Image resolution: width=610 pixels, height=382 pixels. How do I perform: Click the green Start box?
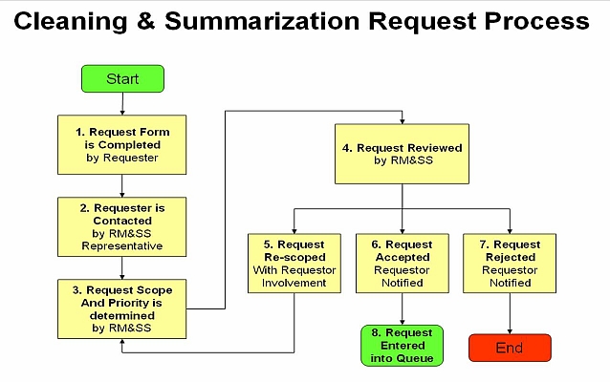click(122, 78)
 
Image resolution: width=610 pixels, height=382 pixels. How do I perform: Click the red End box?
click(509, 348)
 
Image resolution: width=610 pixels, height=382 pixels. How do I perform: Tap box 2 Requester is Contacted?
click(121, 224)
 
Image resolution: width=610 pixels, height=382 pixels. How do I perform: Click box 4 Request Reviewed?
click(402, 155)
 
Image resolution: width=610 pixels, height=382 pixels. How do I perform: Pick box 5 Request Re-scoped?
click(294, 262)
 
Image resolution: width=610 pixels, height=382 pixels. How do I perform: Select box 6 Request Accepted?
click(402, 262)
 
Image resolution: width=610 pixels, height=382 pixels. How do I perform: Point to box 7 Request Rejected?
click(509, 262)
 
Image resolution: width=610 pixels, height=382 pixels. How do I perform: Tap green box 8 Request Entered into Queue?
click(402, 346)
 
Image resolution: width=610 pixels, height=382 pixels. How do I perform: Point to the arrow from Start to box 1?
click(122, 103)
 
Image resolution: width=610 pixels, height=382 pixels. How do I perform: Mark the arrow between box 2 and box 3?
click(122, 266)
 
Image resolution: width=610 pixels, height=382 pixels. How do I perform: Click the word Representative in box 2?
click(121, 245)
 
